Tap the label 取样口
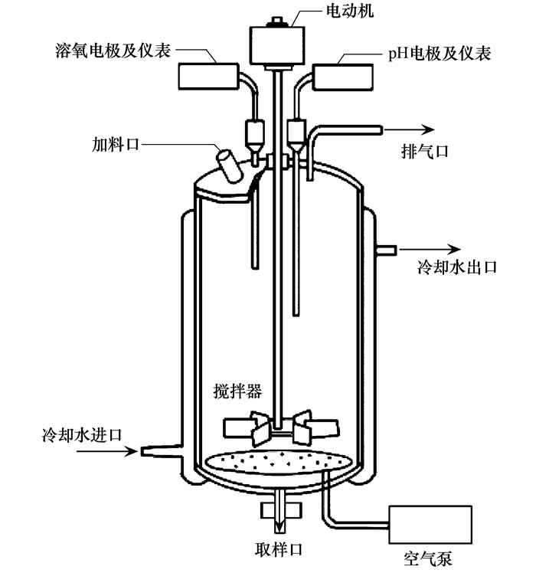279,549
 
